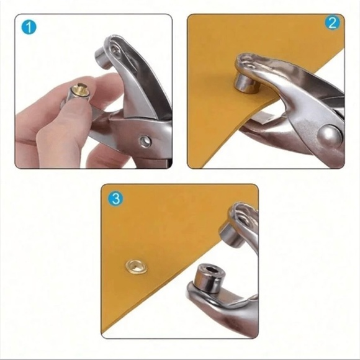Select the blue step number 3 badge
tap(115, 199)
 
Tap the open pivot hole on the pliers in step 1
tap(145, 142)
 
